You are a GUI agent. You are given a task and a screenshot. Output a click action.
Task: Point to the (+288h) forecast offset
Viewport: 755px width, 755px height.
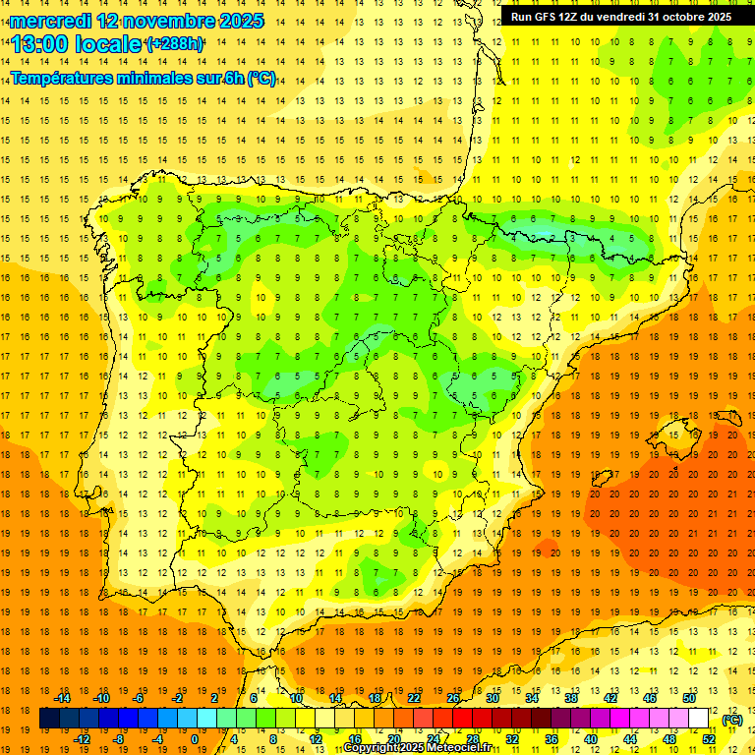pos(175,44)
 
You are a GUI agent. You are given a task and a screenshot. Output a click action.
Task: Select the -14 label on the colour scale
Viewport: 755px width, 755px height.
pos(62,698)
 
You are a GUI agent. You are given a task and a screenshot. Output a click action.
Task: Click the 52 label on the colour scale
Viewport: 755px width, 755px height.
pos(709,739)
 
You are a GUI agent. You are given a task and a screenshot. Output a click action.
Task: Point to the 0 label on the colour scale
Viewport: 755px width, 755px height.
pos(196,739)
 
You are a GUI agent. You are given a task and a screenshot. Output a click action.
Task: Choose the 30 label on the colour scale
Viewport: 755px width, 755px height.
pos(493,698)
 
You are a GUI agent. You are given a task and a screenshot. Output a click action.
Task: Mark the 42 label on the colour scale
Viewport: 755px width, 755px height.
pos(610,698)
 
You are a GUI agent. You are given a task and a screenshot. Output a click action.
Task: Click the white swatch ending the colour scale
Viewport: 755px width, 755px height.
pos(699,719)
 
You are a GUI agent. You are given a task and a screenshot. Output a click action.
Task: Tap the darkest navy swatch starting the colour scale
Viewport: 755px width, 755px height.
pos(49,719)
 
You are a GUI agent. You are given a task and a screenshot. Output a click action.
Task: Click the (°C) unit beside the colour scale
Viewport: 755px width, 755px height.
pos(732,720)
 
